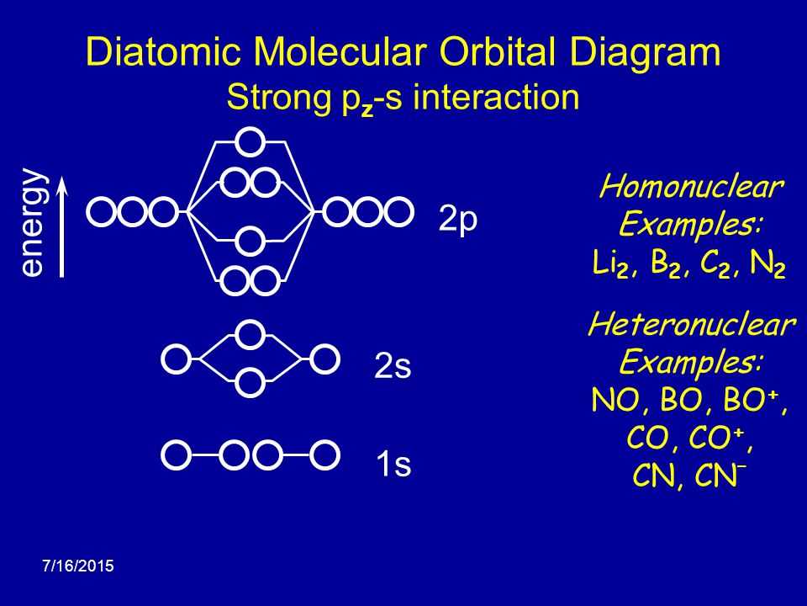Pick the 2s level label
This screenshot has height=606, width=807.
(393, 367)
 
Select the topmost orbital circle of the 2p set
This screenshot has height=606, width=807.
(250, 141)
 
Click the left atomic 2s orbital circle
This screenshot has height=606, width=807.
(175, 358)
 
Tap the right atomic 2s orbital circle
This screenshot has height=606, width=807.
(324, 358)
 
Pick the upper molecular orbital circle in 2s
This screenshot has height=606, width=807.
(250, 333)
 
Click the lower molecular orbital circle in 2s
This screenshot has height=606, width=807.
(250, 383)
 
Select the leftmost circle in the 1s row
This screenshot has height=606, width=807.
(175, 454)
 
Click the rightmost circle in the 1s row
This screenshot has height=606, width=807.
(324, 454)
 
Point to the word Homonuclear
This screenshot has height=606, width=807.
(691, 187)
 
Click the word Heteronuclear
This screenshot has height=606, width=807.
(691, 325)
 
